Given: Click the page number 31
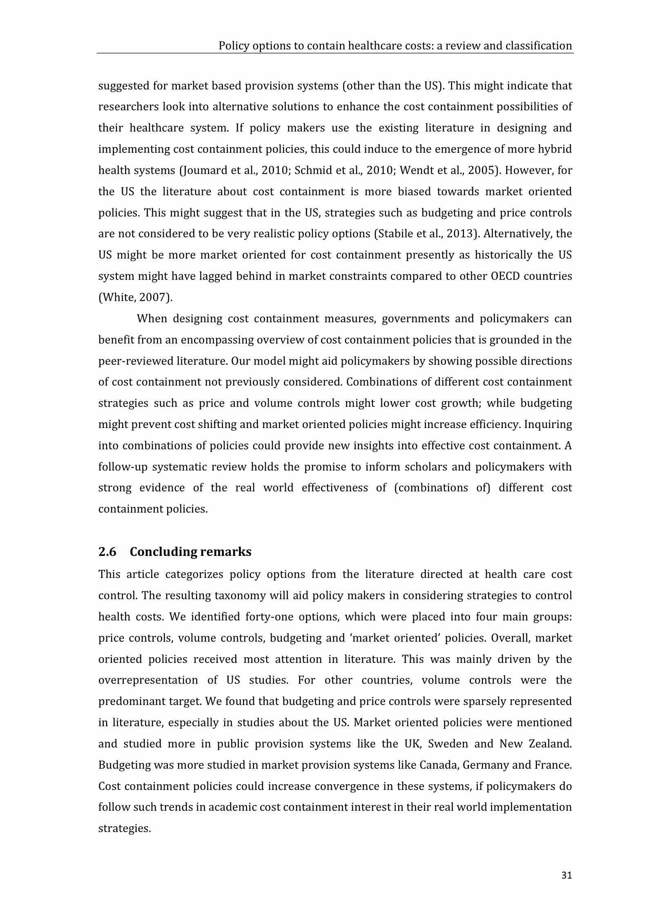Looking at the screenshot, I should tap(566, 875).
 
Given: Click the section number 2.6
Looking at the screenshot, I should tap(107, 552).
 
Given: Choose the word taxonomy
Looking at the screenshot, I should tap(240, 596).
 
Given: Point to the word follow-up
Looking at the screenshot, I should tap(122, 467).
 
